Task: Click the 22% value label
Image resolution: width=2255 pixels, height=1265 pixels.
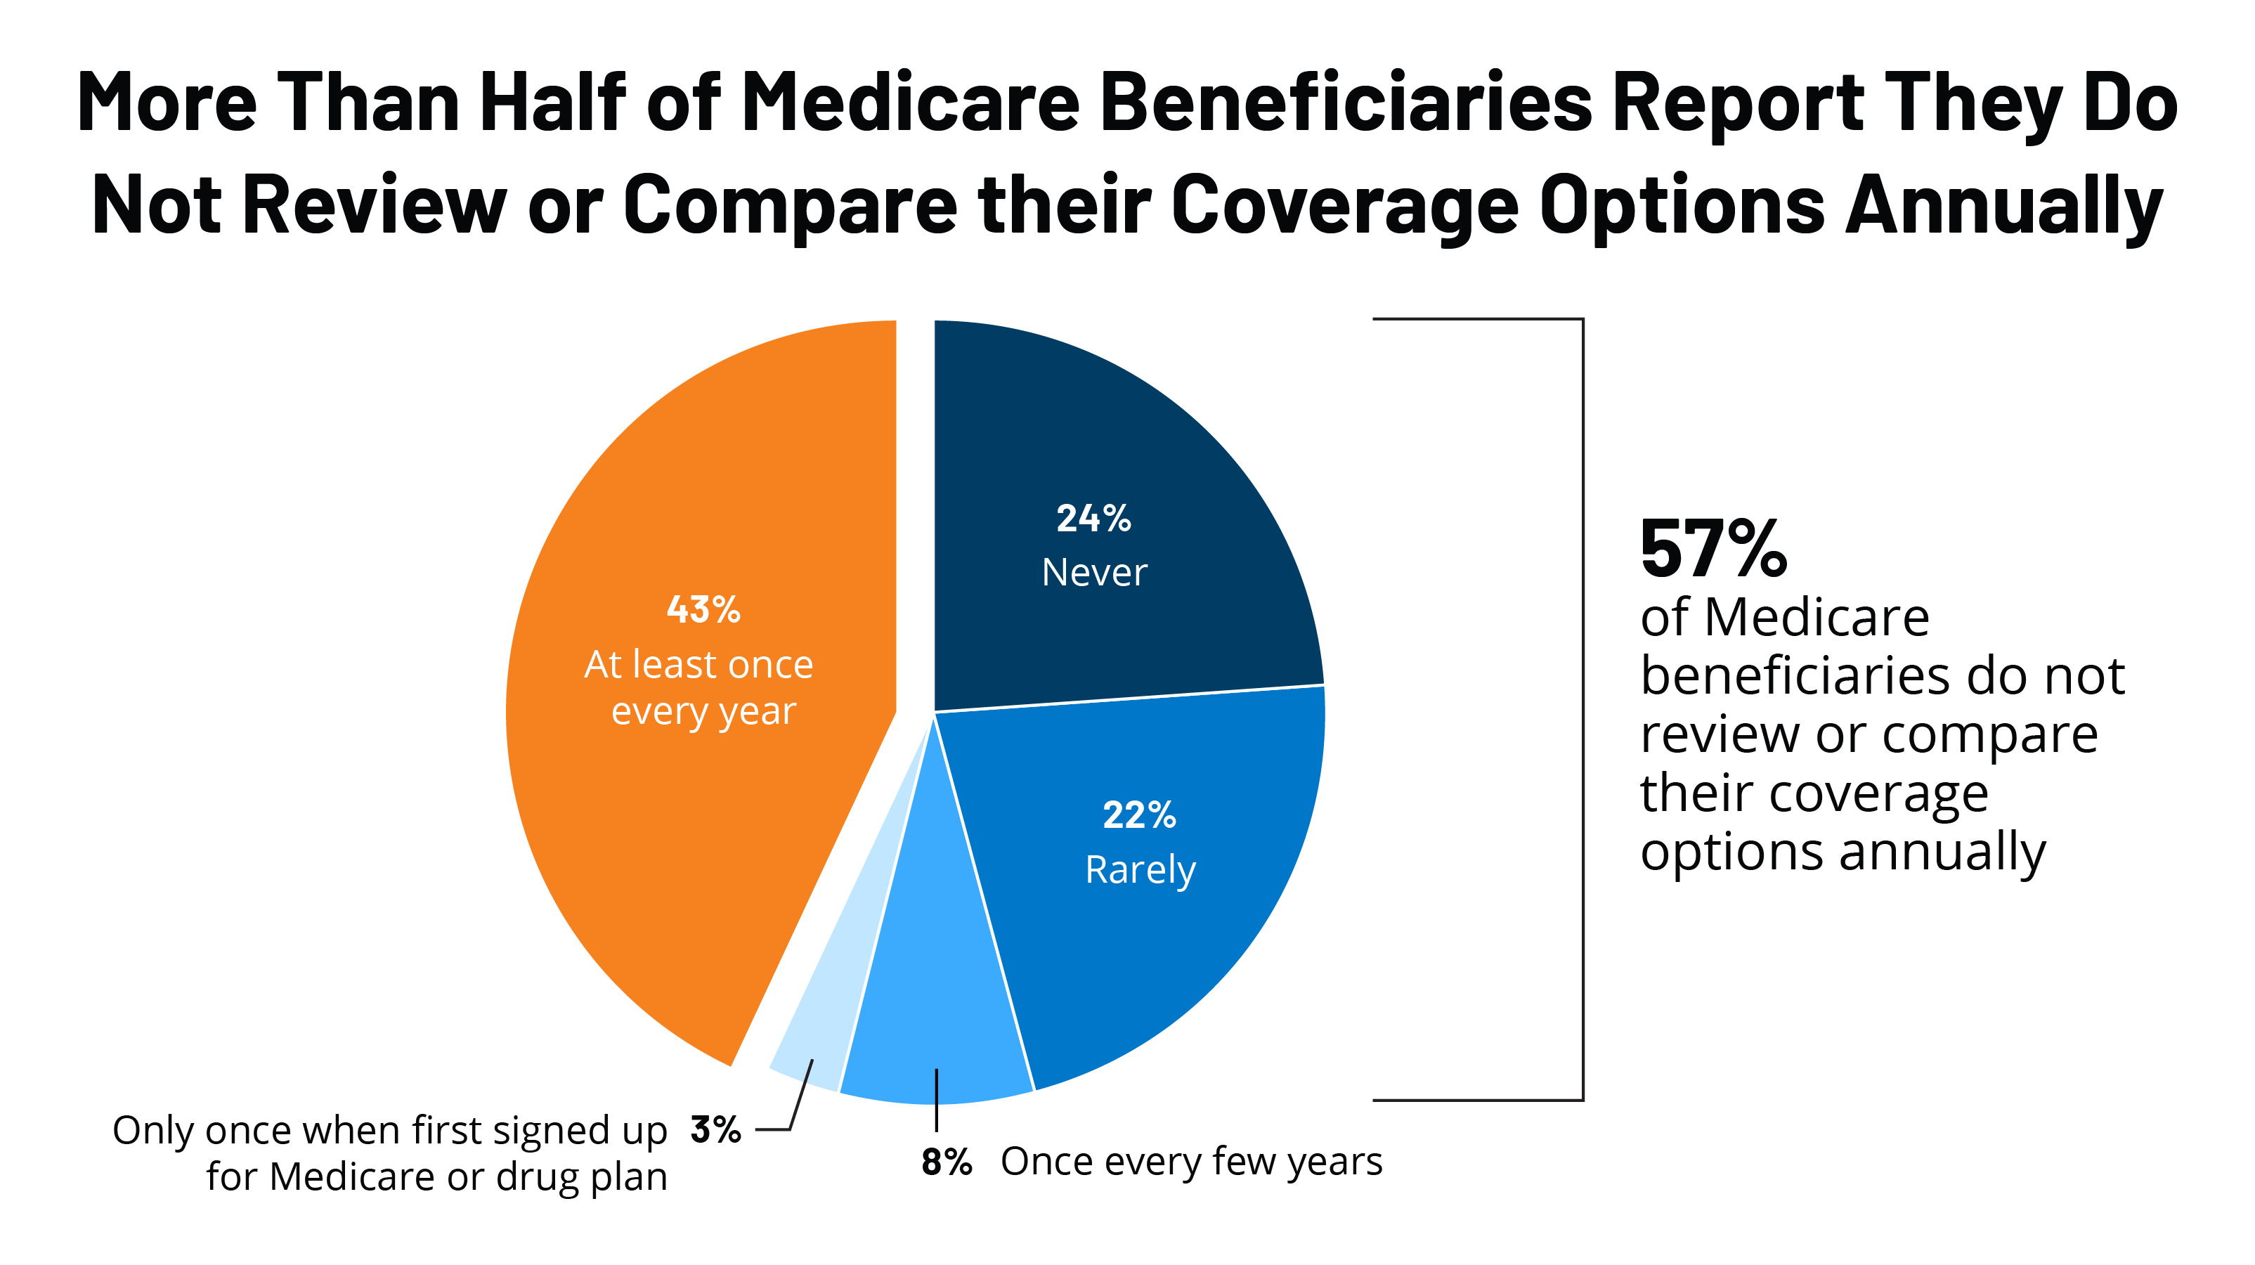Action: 1139,815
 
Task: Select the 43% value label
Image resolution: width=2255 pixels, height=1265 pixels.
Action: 703,609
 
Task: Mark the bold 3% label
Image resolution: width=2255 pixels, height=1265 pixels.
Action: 715,1129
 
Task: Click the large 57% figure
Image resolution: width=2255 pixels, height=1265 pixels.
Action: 1713,550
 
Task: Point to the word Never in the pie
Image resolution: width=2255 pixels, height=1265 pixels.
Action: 1094,573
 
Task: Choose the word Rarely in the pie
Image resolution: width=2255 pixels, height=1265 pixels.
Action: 1140,870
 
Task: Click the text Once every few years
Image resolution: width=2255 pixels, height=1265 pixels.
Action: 1190,1162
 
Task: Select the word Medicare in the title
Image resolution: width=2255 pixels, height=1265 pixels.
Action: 911,103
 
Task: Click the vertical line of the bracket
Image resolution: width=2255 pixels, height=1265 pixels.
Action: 1583,709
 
